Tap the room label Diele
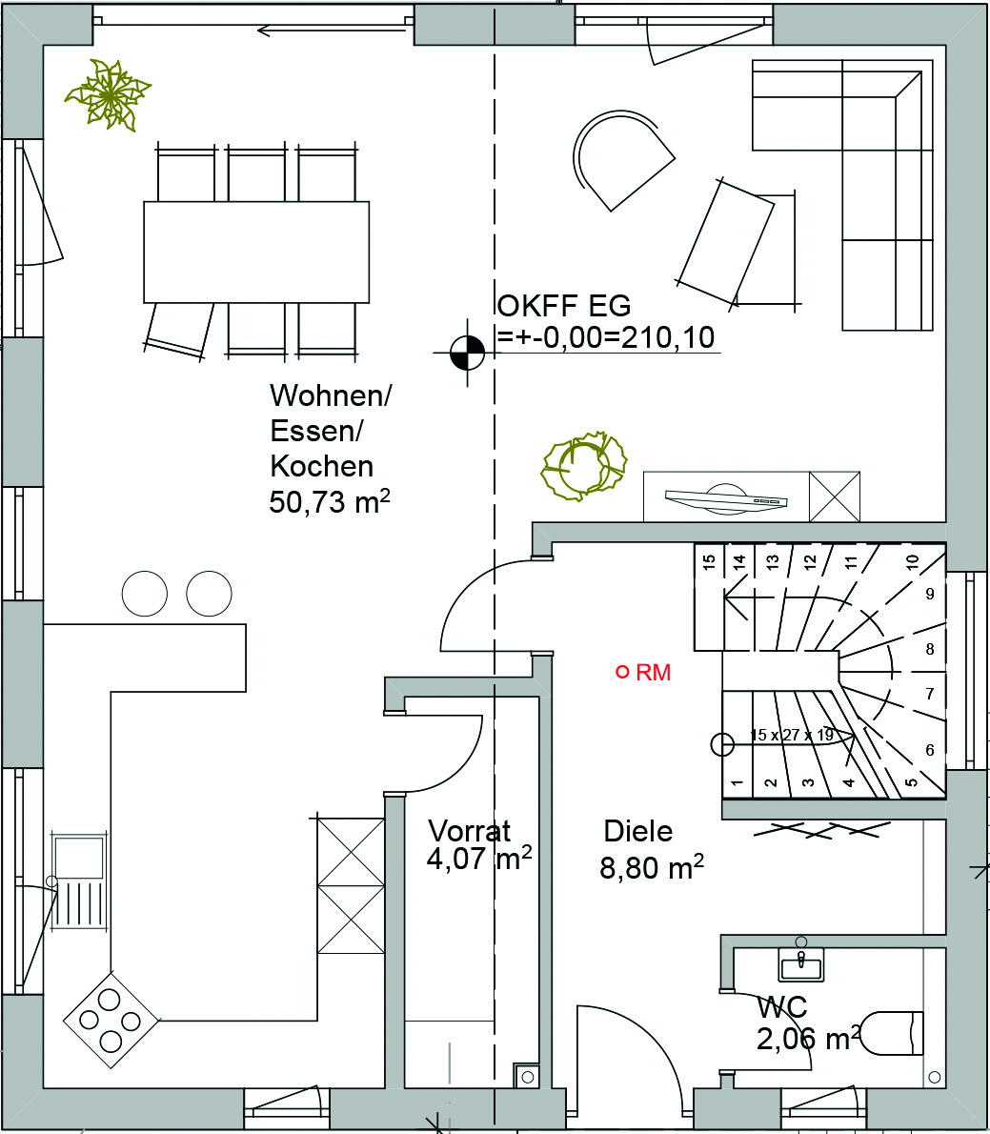tap(637, 832)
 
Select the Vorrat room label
tap(469, 831)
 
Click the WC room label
tap(782, 1006)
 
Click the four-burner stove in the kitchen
tap(111, 1021)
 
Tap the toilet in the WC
tap(894, 1034)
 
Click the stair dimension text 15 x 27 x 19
tap(791, 736)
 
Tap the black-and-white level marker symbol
tap(467, 353)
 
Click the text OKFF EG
tap(564, 306)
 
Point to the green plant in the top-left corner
tap(109, 94)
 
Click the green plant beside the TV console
tap(583, 466)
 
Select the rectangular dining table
tap(256, 252)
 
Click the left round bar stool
tap(145, 594)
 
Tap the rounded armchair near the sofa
tap(622, 160)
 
